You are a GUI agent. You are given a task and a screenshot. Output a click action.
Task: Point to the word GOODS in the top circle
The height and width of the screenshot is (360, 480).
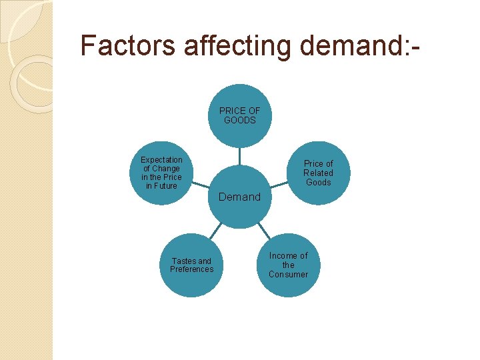click(x=240, y=121)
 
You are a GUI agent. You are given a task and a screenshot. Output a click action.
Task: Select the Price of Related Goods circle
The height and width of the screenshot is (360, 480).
click(x=318, y=173)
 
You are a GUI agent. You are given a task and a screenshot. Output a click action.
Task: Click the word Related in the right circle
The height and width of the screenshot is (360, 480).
click(x=318, y=173)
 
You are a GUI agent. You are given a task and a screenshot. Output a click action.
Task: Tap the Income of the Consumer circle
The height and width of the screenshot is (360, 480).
click(x=289, y=265)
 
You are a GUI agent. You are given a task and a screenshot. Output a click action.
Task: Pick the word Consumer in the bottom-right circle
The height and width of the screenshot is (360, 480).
click(x=289, y=275)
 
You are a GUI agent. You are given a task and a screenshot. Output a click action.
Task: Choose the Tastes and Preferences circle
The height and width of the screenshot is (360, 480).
click(x=192, y=265)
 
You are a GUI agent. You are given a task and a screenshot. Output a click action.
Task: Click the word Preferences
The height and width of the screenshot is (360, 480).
click(x=192, y=269)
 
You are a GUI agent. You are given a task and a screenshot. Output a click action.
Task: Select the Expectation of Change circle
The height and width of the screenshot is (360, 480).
click(x=161, y=173)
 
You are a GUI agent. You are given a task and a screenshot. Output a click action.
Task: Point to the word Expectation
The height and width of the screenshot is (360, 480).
click(x=161, y=160)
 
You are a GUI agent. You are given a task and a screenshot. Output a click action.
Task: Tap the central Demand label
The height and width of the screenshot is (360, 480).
click(x=240, y=197)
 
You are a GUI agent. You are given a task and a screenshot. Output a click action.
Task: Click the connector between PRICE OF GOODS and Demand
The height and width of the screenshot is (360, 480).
click(x=240, y=156)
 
